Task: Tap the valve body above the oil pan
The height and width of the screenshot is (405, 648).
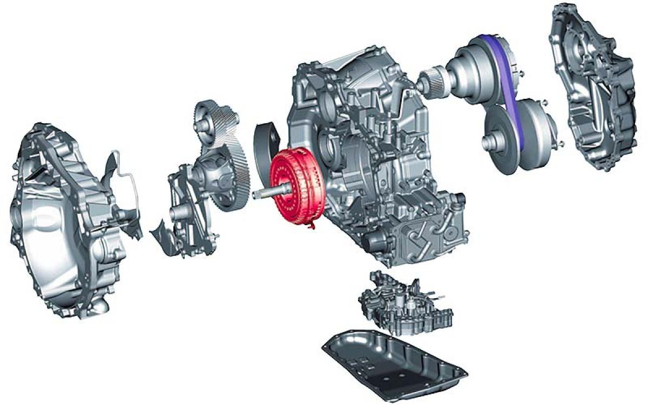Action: pyautogui.click(x=405, y=302)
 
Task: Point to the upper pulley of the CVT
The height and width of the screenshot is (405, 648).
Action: pyautogui.click(x=475, y=70)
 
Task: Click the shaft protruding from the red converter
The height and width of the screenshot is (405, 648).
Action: pyautogui.click(x=262, y=193)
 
